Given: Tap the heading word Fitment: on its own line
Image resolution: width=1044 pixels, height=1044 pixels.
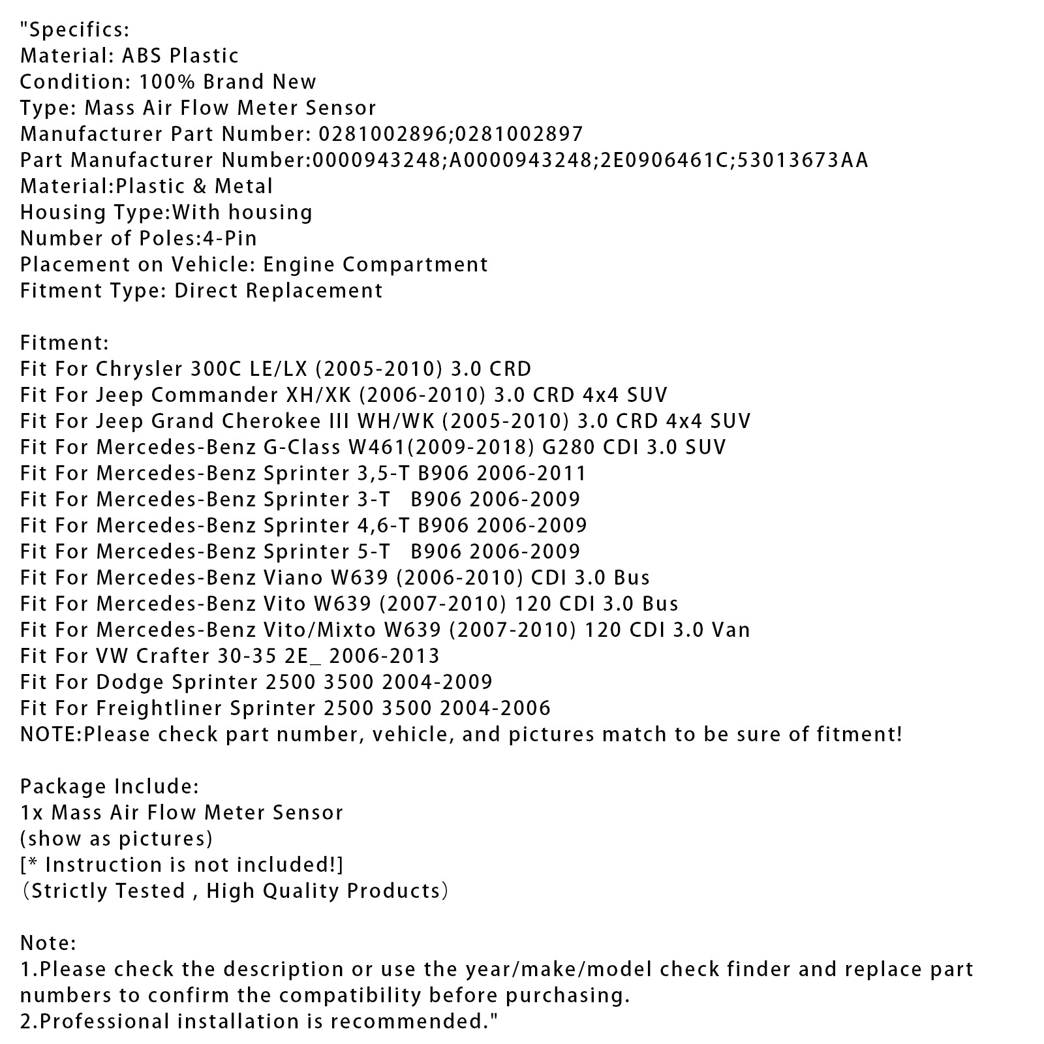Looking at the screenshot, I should pos(65,343).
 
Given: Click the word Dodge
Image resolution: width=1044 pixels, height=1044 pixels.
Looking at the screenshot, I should pos(130,682).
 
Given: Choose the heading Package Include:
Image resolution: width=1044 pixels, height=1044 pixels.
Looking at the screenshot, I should pos(110,786).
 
